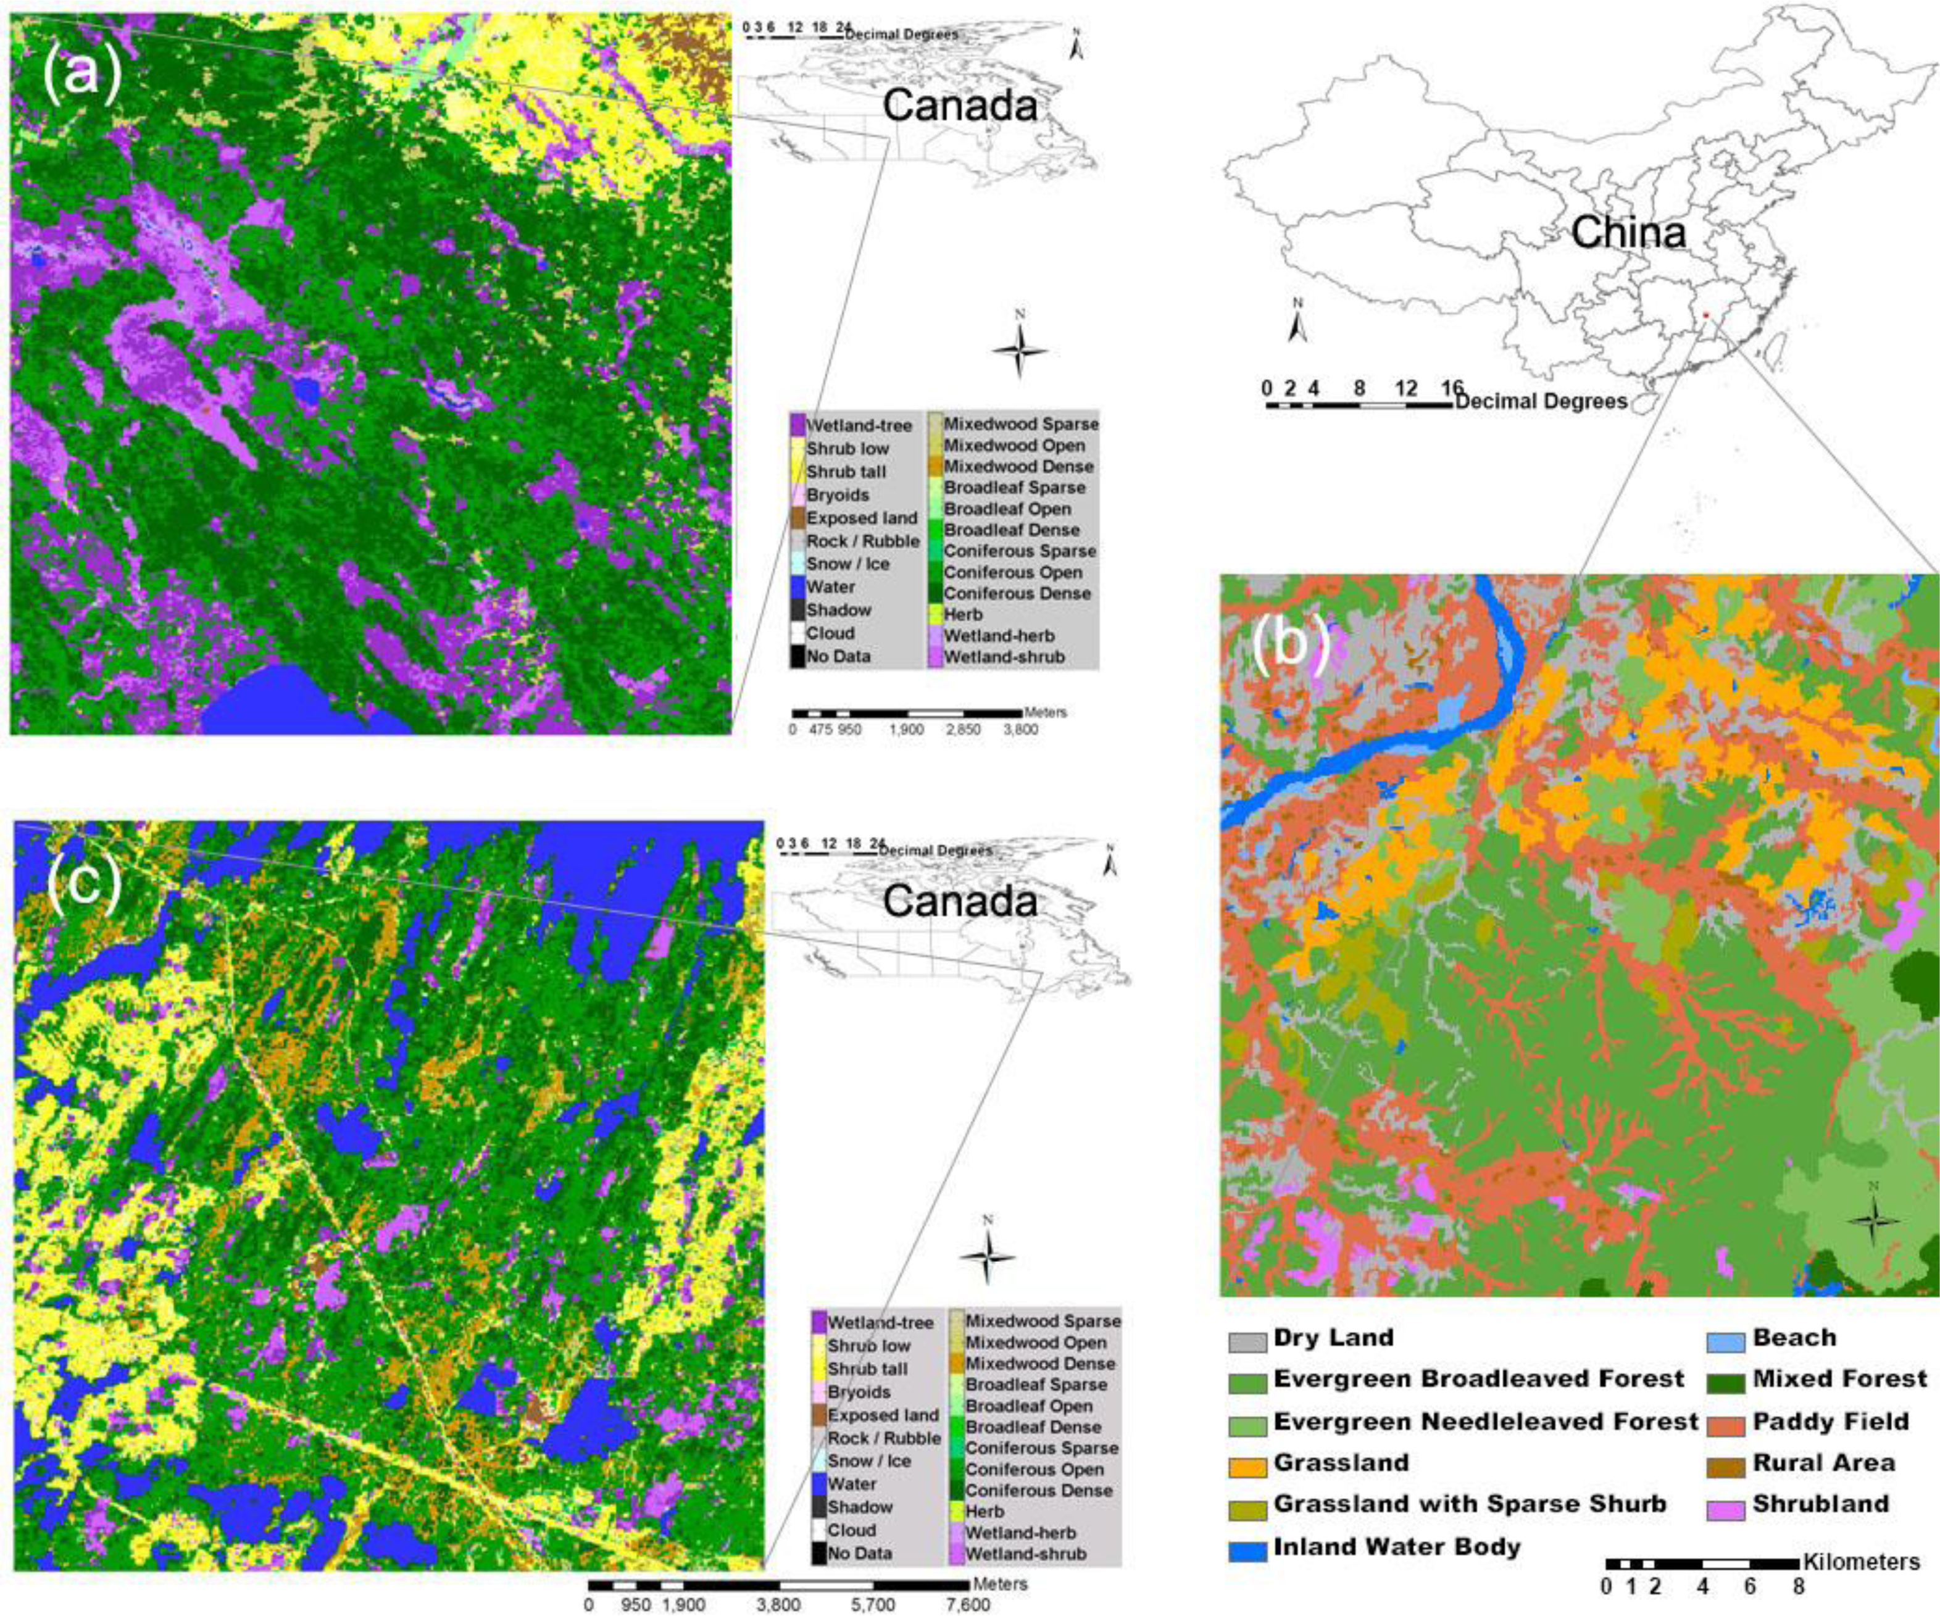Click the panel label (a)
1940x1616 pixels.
[x=81, y=72]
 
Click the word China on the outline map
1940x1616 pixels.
[x=1628, y=233]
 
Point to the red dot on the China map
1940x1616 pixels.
[x=1705, y=315]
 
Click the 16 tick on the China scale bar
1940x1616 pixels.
[x=1451, y=388]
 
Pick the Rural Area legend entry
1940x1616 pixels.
[x=1823, y=1464]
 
